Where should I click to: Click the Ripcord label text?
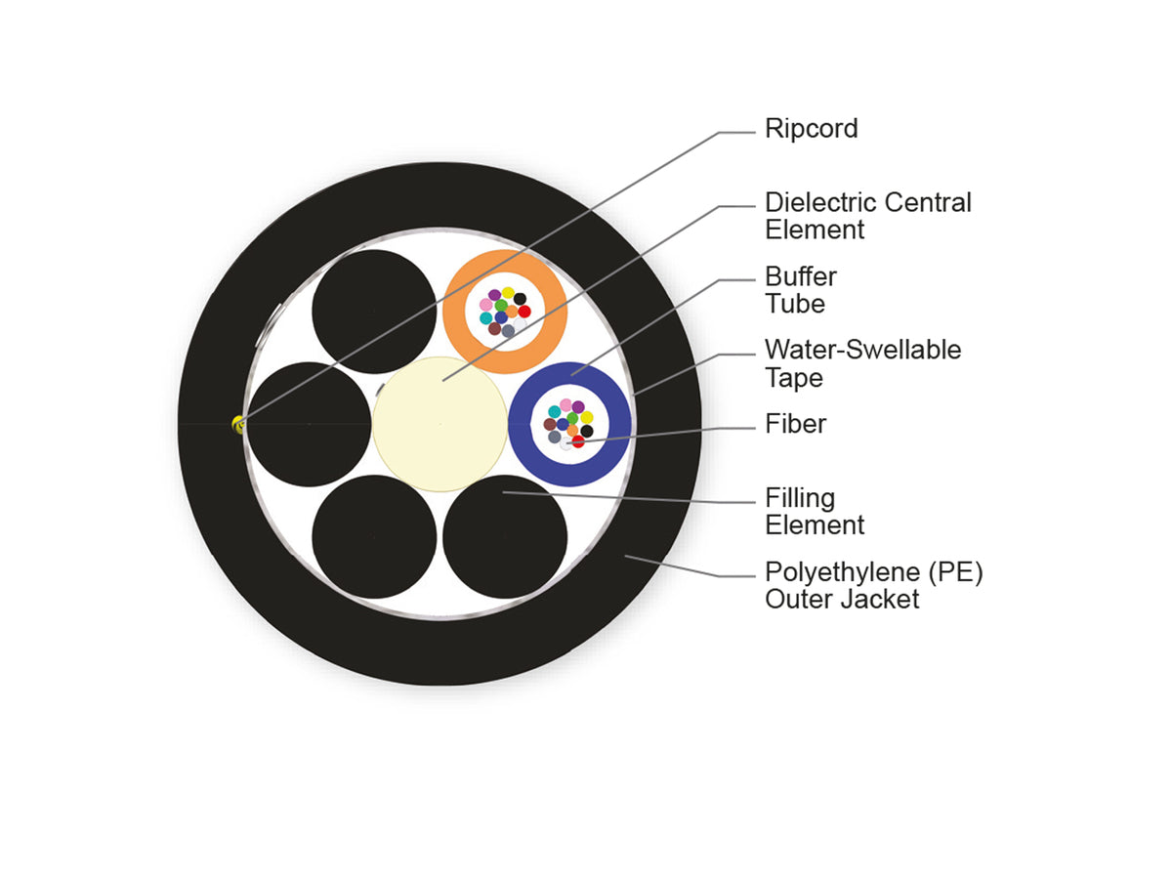[811, 130]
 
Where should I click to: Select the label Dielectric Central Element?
[867, 216]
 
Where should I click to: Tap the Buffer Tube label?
[800, 290]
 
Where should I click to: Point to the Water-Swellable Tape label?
[862, 364]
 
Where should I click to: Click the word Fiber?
[795, 424]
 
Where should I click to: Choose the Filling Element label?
[815, 512]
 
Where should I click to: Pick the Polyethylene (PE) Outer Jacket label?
[873, 585]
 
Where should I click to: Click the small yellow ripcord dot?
[238, 424]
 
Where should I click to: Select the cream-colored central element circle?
[439, 424]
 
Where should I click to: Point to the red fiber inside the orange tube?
[524, 312]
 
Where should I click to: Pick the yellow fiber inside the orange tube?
[508, 293]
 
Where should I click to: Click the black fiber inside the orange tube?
[520, 299]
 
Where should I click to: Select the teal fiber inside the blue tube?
[554, 411]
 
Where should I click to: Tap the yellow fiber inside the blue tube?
[586, 417]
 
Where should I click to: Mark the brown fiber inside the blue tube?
[550, 424]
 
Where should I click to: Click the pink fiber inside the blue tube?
[565, 405]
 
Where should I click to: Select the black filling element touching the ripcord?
[310, 424]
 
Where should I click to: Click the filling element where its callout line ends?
[504, 492]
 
